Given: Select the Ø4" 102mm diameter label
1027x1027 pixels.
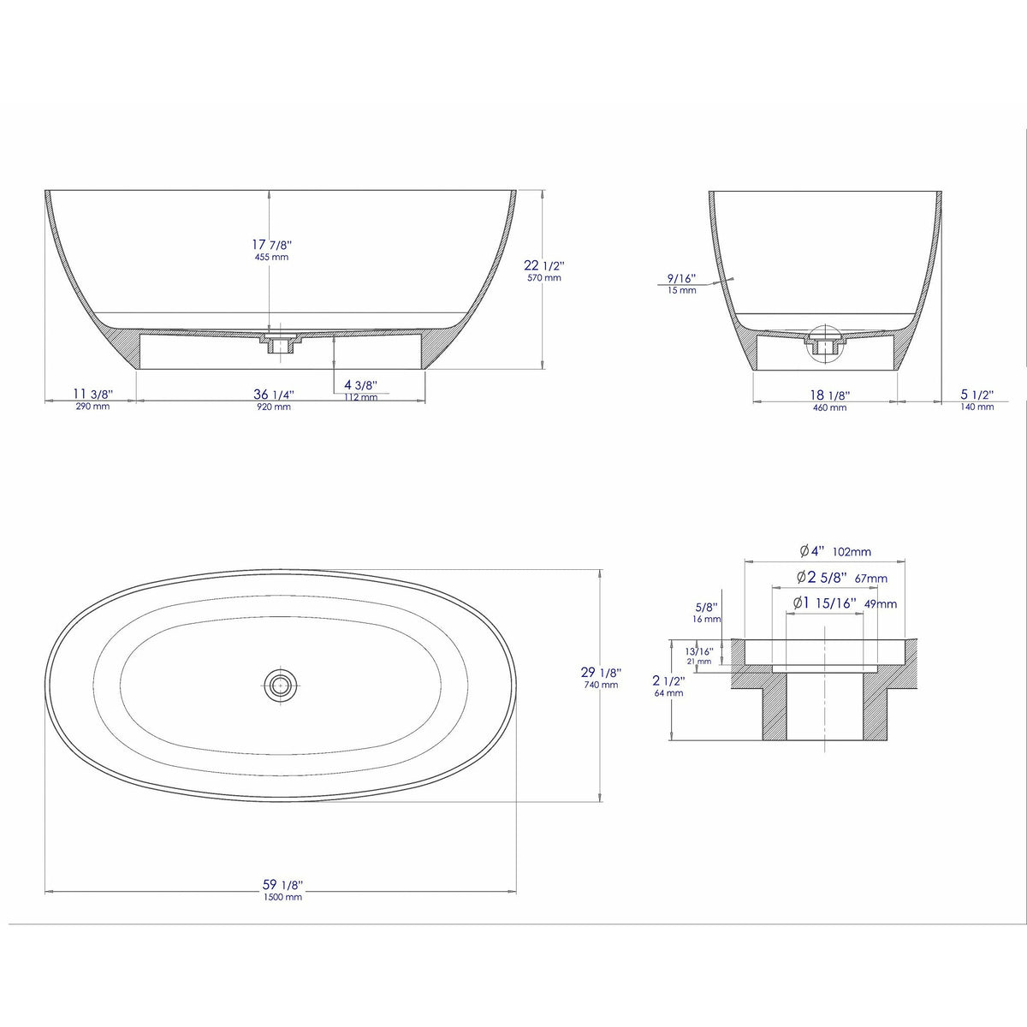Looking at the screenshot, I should (x=834, y=552).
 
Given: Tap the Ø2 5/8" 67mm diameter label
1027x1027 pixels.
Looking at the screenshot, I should (x=841, y=578).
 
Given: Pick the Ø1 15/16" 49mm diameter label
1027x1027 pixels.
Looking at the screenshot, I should (x=844, y=603).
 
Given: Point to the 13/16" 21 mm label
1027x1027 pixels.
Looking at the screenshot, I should (x=699, y=655).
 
